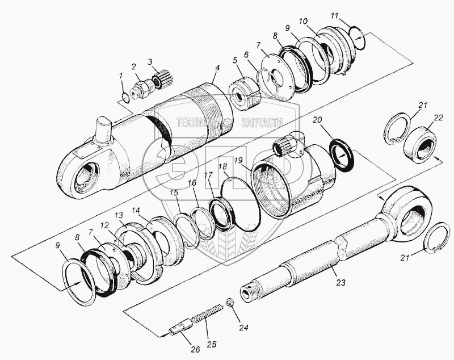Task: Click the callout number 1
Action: [120, 75]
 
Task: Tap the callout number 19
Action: [239, 161]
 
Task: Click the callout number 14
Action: [136, 210]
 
